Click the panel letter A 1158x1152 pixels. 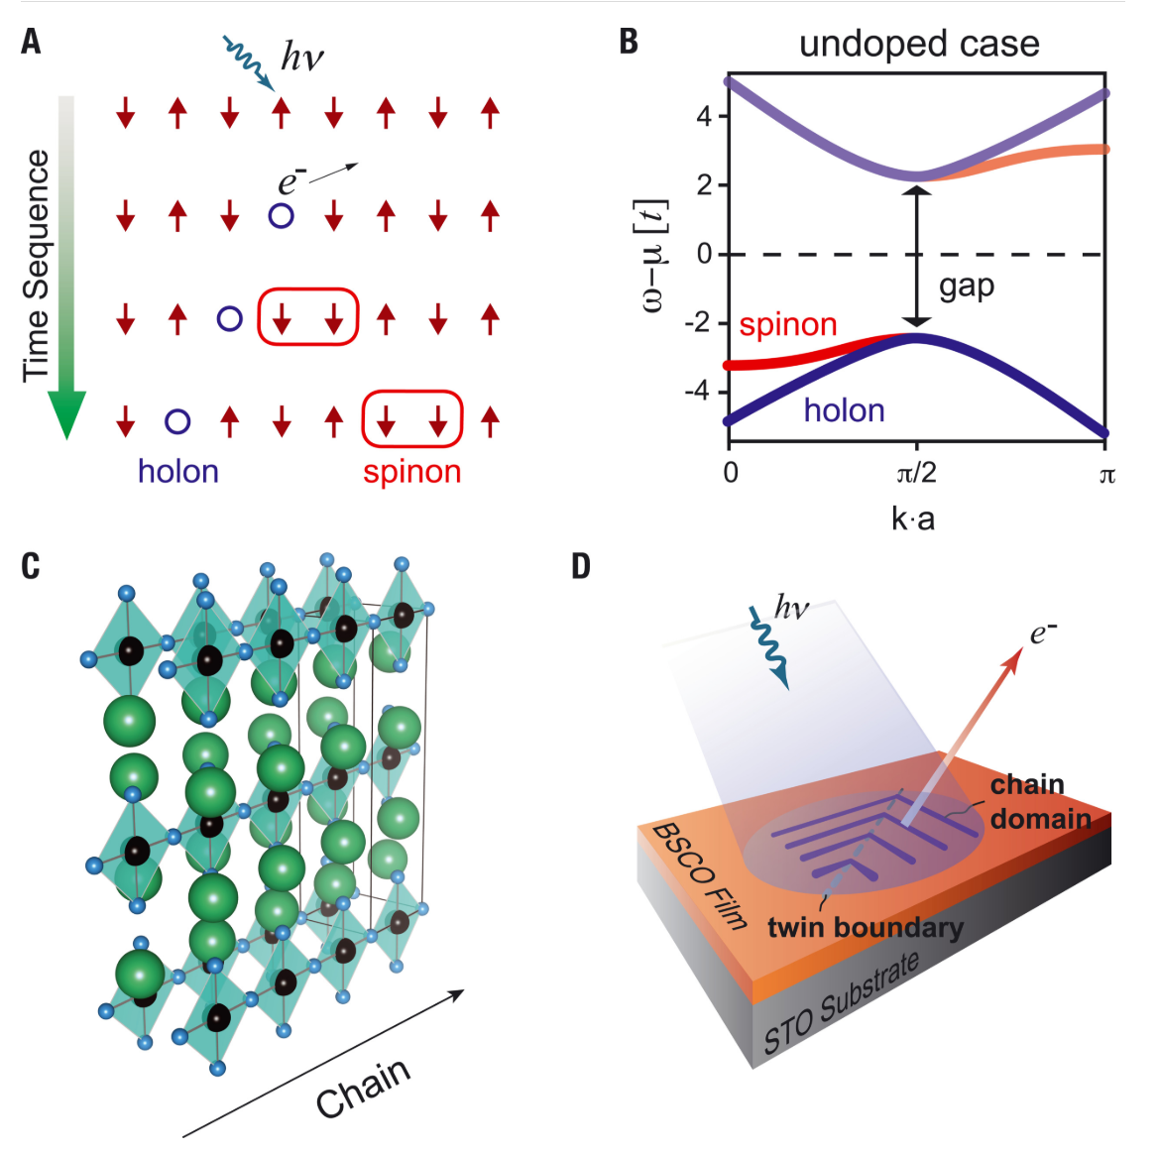(31, 42)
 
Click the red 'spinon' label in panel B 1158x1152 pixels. (788, 325)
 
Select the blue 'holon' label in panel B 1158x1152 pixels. (844, 409)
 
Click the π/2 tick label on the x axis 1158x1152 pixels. (916, 473)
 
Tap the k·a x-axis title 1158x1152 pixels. (913, 519)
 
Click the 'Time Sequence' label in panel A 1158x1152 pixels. (36, 266)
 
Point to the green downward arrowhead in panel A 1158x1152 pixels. (67, 414)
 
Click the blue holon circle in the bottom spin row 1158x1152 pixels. (178, 421)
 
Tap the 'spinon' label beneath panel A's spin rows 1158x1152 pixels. (412, 472)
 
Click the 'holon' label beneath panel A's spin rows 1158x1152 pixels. (178, 471)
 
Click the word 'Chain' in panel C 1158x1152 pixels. (363, 1087)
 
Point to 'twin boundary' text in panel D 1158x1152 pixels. (866, 928)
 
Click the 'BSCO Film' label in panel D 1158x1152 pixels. (699, 875)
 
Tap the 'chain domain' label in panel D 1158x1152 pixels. (1041, 801)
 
